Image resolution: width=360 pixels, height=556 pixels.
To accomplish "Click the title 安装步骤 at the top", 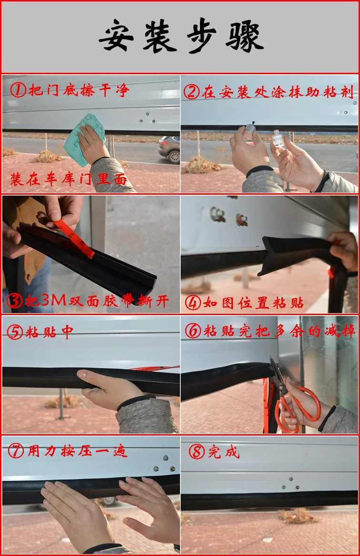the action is point(181,36).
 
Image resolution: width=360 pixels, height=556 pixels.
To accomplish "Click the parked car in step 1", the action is point(169,149).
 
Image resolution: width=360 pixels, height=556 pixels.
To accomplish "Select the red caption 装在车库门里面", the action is point(69,179).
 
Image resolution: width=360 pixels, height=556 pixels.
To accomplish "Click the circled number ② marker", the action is point(191,92).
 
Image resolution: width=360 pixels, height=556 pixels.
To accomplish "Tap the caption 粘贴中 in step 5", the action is point(49,332).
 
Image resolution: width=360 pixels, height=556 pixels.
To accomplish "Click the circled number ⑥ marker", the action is point(193,331).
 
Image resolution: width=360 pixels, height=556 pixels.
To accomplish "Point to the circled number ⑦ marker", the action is point(16,451).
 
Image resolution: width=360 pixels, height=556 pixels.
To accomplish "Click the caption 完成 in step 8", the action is point(224,452).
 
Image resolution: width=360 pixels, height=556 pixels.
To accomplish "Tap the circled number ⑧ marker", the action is point(197,452).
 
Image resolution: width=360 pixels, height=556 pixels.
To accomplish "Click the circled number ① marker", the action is point(18,90).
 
